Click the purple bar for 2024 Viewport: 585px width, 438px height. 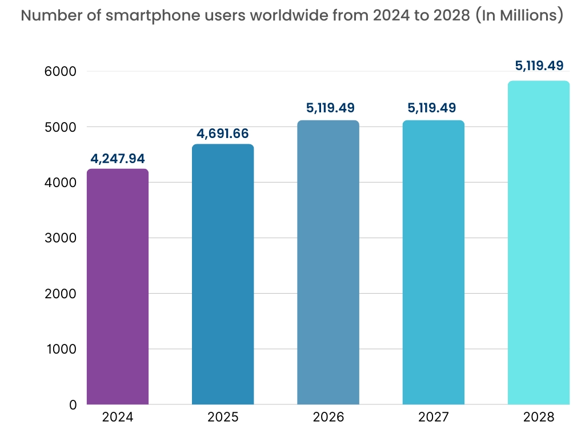pos(118,286)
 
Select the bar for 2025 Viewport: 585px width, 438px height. pos(223,274)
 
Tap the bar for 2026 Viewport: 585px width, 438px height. pos(328,262)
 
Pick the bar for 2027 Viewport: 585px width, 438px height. pos(433,262)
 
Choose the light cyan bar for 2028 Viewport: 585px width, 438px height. pos(539,242)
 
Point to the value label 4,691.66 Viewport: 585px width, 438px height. pos(223,133)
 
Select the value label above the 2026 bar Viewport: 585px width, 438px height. pos(328,108)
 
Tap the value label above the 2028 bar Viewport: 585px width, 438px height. pos(539,66)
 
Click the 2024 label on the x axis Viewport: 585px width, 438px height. pos(118,417)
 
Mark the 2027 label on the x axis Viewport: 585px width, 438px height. pos(434,417)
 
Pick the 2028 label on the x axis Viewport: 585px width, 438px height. pos(539,417)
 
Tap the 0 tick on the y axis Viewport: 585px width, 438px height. pos(73,405)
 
